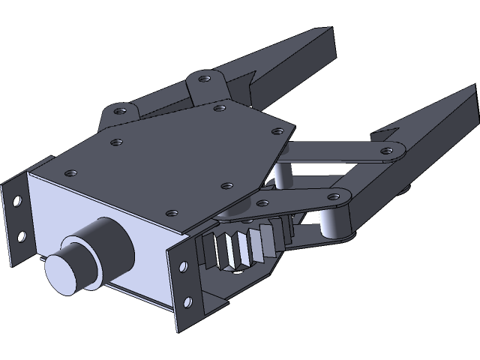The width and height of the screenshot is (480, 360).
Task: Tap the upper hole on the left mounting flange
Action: coord(17,201)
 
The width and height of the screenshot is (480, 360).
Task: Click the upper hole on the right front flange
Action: coord(181,264)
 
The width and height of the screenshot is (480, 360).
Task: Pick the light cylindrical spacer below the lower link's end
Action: coord(331,225)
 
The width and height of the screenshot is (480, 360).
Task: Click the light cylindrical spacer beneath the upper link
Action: coord(282,175)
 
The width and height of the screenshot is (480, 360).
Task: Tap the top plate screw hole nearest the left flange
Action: coord(70,172)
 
